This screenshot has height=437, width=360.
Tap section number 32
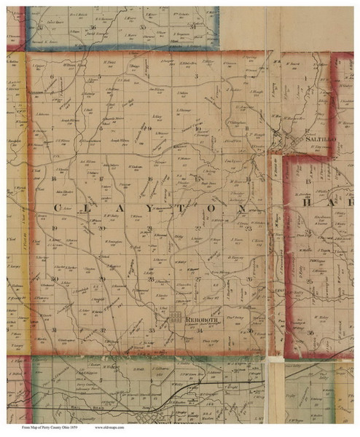tap(102, 329)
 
